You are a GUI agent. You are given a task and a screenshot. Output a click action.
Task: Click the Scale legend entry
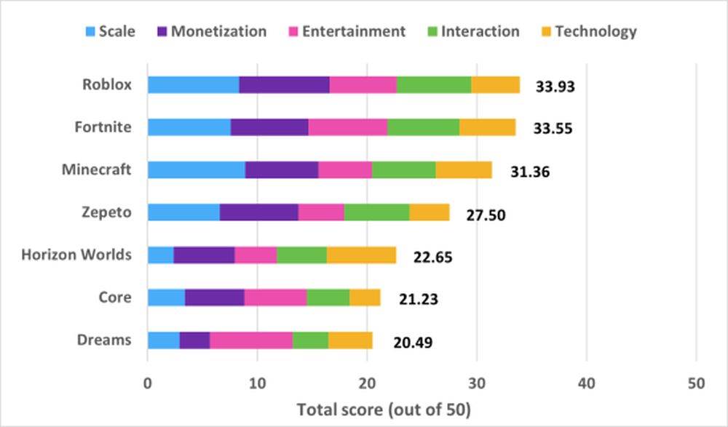click(109, 31)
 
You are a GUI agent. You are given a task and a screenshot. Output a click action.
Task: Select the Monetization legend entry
click(211, 31)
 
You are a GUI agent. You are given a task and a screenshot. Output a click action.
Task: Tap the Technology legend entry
click(586, 31)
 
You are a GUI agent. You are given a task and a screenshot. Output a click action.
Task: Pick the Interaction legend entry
click(472, 31)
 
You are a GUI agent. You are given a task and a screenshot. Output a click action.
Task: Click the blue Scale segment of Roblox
click(193, 84)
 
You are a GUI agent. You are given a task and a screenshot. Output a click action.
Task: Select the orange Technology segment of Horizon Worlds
click(361, 255)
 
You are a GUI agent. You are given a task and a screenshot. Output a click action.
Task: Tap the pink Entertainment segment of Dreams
click(251, 340)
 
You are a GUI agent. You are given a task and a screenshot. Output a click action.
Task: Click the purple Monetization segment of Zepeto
click(258, 212)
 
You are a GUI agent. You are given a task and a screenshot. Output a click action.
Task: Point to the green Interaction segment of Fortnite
click(423, 127)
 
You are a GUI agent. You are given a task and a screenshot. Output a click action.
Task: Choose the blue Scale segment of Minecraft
click(196, 169)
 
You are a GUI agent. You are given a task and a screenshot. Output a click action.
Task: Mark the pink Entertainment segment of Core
click(275, 298)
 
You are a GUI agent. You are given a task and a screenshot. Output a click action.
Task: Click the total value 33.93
click(555, 87)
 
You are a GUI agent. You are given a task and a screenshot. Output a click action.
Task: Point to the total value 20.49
click(413, 343)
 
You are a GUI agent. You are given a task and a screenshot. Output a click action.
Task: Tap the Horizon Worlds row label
click(76, 255)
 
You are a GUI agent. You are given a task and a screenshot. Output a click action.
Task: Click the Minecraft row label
click(97, 169)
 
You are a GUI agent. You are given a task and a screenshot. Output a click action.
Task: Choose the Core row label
click(115, 298)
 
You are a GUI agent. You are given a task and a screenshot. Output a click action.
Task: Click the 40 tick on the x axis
click(586, 382)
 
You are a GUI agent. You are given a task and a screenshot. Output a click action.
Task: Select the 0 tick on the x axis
click(148, 382)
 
